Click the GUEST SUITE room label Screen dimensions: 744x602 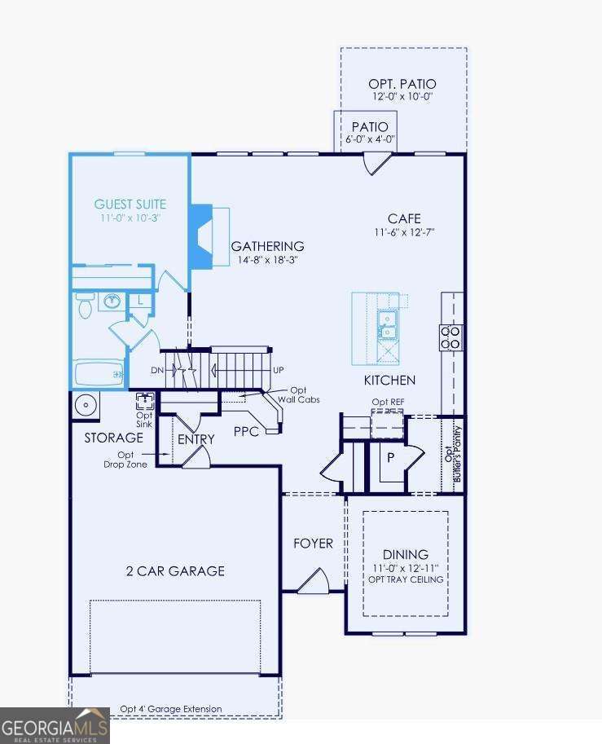[130, 205]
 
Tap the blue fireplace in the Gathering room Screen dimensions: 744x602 [200, 236]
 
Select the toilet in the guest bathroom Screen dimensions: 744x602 [84, 305]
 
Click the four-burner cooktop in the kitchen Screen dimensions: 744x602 [450, 337]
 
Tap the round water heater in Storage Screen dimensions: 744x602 [85, 403]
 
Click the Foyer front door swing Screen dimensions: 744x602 [312, 582]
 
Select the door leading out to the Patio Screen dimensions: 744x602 [377, 163]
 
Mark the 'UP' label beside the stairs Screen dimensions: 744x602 [279, 370]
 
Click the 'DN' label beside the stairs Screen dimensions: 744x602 [158, 370]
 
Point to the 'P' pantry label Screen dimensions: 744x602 [390, 458]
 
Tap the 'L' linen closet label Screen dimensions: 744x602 [140, 301]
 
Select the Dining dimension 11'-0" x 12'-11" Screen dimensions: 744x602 [405, 567]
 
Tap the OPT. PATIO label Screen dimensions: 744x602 [403, 84]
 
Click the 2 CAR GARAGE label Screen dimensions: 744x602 [175, 571]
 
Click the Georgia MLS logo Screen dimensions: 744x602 [55, 724]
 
